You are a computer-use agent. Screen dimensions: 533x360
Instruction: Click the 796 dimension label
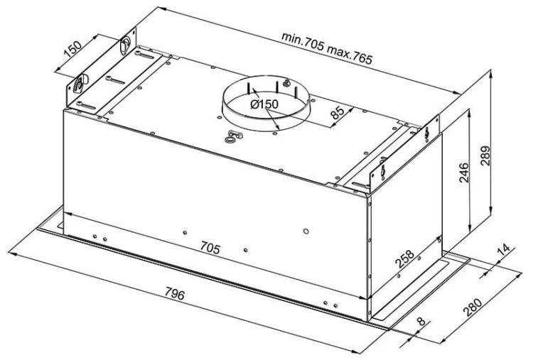[175, 294]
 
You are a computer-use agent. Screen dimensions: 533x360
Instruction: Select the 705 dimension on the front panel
[210, 248]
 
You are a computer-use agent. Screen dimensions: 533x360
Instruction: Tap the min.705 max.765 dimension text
[327, 48]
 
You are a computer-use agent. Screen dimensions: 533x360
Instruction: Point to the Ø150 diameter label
[264, 104]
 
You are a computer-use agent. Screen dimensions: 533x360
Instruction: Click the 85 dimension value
[338, 112]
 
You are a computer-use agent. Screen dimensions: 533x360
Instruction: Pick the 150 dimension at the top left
[72, 49]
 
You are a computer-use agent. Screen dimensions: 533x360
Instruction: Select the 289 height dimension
[486, 156]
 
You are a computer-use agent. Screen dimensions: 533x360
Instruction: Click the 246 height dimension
[463, 173]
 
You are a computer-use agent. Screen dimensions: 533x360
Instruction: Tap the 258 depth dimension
[405, 258]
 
